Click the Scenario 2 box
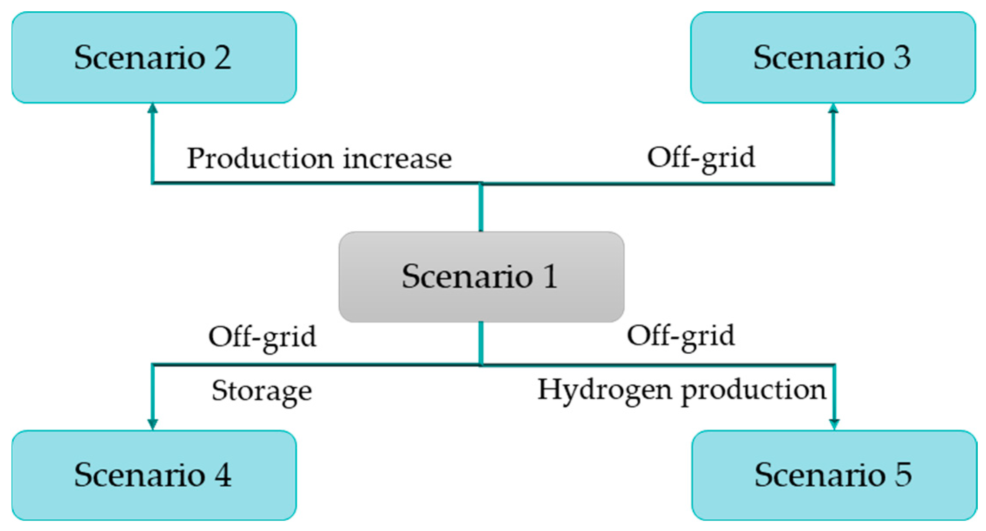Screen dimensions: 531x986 [154, 57]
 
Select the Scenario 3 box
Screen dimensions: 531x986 [833, 57]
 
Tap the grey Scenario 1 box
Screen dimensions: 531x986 [481, 277]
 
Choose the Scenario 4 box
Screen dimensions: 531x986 [154, 475]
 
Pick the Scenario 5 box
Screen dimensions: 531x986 [834, 475]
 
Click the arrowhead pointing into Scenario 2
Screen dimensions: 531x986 [152, 108]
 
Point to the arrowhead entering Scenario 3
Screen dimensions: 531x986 [833, 108]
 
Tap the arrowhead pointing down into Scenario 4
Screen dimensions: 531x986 [152, 424]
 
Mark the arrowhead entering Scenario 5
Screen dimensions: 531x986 [834, 424]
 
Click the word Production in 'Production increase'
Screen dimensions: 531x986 [260, 159]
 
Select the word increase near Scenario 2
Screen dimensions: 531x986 [397, 159]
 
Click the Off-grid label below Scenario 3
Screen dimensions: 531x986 [701, 158]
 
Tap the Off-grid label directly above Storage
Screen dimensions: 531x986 [262, 337]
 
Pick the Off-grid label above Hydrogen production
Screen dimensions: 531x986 [681, 336]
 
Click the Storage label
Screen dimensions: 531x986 [261, 391]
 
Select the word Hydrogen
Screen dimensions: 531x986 [605, 390]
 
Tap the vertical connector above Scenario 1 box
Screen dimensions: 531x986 [481, 208]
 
